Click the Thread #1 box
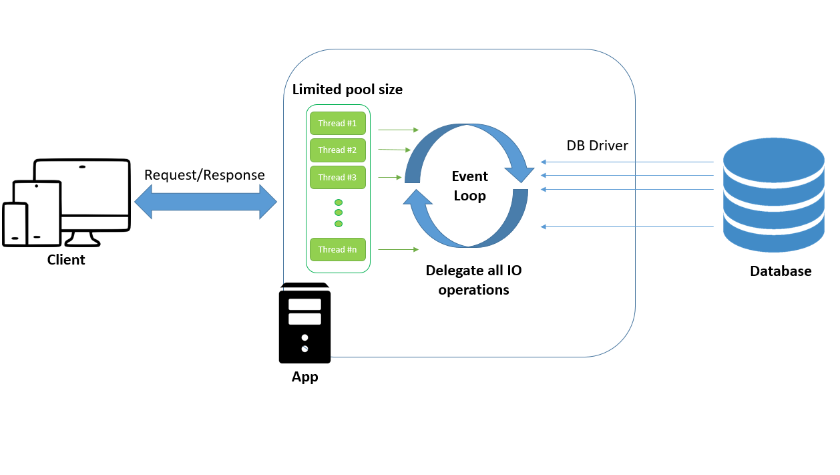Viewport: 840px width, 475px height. (337, 124)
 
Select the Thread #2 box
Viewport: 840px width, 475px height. (337, 150)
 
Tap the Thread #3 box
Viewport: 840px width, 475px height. (337, 178)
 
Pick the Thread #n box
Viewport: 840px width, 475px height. (337, 250)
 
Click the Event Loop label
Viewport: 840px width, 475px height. (470, 186)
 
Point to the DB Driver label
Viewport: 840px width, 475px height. (597, 146)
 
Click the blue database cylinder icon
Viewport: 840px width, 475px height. (773, 195)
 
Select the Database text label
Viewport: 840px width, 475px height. (780, 271)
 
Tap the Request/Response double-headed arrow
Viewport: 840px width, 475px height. (206, 201)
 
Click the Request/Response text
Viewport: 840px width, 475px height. (204, 175)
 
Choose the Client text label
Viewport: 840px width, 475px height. (66, 260)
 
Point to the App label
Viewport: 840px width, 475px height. (304, 377)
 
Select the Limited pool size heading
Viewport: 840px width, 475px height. (347, 90)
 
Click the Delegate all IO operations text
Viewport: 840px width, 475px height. (473, 280)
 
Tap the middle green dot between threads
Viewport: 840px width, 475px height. (339, 212)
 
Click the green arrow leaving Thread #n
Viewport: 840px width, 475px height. (398, 250)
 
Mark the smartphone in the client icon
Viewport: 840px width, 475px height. (15, 224)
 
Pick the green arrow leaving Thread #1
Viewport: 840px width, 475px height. (398, 130)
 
